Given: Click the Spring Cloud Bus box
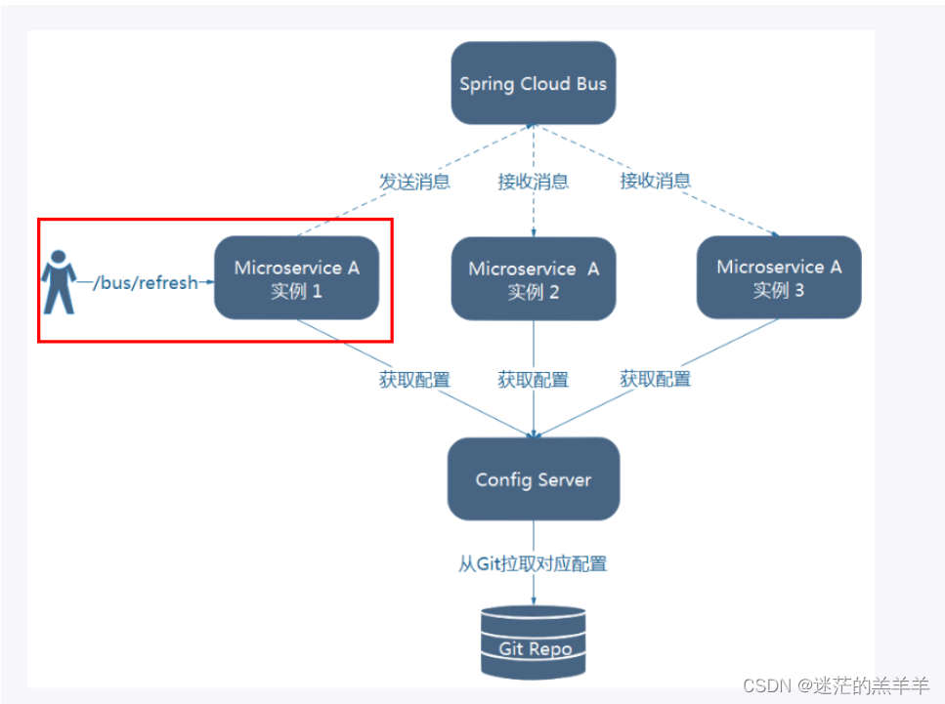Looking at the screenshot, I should (533, 83).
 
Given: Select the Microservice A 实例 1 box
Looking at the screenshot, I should (296, 278).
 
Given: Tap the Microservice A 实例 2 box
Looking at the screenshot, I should (534, 279).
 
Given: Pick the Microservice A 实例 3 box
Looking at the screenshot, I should (779, 277).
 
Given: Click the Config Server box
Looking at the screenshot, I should (533, 478).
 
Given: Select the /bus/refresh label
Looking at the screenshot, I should (145, 282).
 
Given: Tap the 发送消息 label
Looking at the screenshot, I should (414, 182).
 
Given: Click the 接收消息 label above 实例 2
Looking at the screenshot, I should (533, 182).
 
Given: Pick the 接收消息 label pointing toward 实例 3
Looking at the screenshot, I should (655, 180).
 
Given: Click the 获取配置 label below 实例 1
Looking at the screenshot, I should (414, 380).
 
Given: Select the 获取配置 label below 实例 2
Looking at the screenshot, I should (533, 380).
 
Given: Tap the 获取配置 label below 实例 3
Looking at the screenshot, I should (655, 378).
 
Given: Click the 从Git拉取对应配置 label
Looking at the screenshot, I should (533, 564).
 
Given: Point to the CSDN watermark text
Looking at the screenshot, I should (835, 685).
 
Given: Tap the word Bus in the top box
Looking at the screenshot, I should (590, 83).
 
